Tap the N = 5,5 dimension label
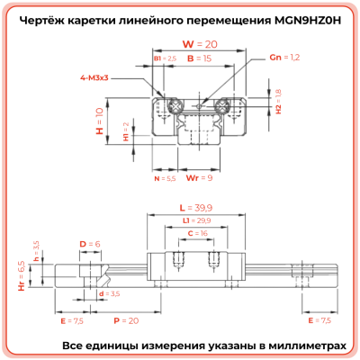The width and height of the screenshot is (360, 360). coord(165,178)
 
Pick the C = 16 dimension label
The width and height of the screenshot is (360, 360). coord(197,233)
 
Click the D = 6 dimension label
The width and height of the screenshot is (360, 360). coord(89,244)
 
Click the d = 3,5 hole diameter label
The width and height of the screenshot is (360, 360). coord(110,294)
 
